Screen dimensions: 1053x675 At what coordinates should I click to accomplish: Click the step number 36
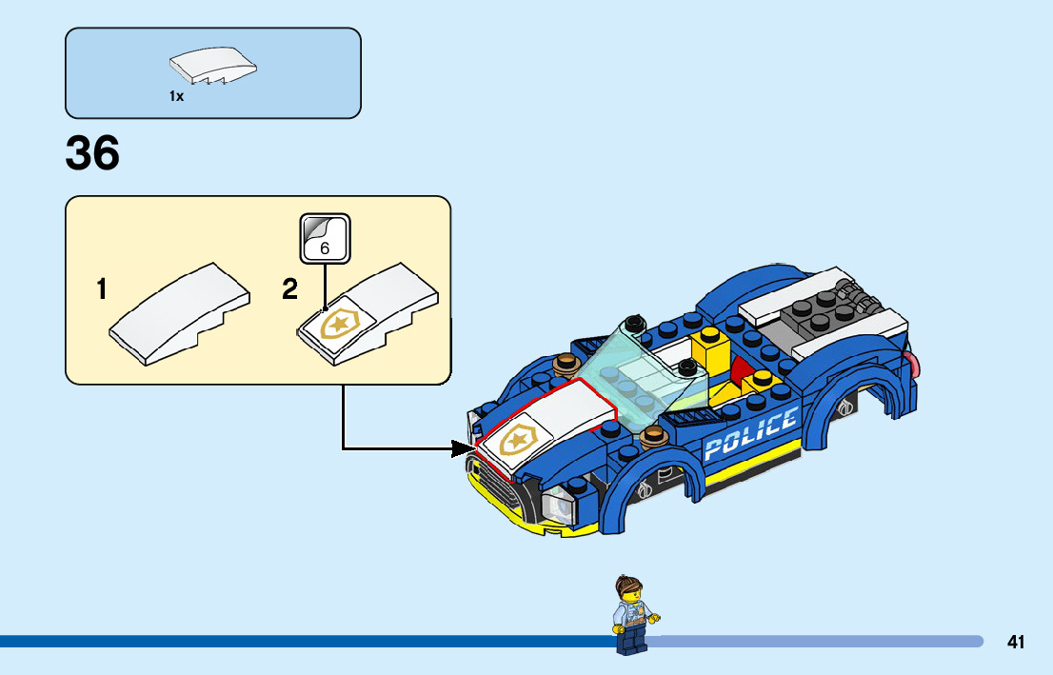[x=92, y=153]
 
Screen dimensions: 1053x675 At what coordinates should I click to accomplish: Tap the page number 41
[x=1016, y=643]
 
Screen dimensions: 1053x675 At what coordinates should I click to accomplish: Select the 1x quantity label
[x=176, y=96]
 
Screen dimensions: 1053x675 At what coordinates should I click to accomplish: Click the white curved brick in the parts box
[x=213, y=69]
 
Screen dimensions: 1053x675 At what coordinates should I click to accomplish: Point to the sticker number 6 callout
[x=325, y=238]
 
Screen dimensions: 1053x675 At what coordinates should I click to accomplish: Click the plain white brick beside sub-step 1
[x=180, y=315]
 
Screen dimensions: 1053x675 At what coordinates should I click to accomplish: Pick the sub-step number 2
[x=289, y=289]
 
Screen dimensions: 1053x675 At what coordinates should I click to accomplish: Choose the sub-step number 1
[x=101, y=289]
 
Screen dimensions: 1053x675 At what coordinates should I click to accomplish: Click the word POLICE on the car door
[x=750, y=433]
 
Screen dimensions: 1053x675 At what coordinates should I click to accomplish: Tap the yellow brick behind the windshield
[x=709, y=349]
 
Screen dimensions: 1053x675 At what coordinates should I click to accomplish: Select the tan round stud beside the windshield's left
[x=565, y=364]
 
